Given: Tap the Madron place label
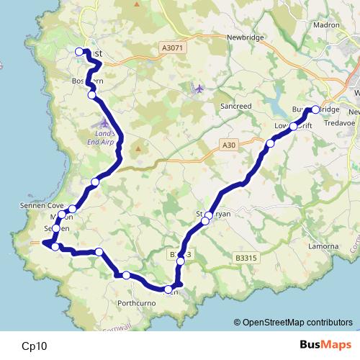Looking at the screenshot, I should tap(326, 24).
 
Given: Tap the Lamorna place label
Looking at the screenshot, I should tap(323, 246).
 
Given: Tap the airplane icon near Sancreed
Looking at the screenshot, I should tap(199, 89).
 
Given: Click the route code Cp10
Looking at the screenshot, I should tap(35, 346).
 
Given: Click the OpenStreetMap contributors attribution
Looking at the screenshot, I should tap(295, 322).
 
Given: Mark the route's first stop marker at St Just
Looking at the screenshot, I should tap(80, 52).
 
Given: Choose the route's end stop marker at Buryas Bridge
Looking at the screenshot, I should tap(315, 110).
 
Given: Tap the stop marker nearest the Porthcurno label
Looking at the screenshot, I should tap(126, 275).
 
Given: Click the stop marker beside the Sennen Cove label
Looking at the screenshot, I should tap(72, 209).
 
